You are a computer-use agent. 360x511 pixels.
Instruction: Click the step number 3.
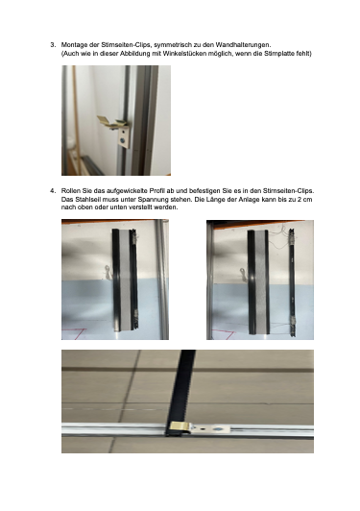tap(52, 45)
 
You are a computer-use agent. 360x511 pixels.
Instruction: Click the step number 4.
tap(52, 190)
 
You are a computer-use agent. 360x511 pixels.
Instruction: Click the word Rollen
tap(69, 190)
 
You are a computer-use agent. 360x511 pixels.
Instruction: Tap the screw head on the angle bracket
tap(122, 140)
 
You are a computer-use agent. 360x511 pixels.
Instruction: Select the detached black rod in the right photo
tap(292, 282)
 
